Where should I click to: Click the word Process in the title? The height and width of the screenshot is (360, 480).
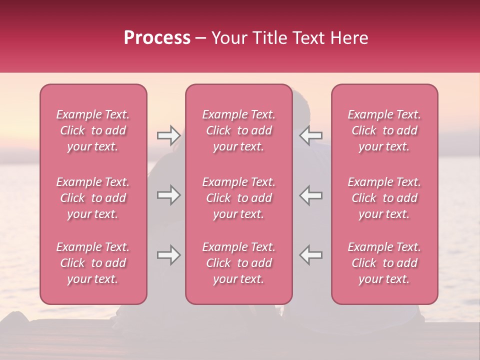157,38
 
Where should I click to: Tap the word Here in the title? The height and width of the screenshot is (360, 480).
350,38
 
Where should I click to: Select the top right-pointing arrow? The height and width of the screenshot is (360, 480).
168,135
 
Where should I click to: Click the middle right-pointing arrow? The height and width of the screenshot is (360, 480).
168,195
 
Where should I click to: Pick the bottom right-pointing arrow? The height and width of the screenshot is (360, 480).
168,255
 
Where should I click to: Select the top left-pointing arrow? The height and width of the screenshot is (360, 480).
311,135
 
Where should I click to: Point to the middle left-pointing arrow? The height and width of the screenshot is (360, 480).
311,195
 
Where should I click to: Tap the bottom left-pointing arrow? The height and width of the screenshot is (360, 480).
311,255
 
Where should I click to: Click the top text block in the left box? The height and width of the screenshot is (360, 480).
93,130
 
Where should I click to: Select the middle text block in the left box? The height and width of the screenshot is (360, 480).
93,198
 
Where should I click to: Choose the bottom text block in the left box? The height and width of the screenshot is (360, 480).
93,263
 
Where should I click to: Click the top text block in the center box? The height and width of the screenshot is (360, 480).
239,130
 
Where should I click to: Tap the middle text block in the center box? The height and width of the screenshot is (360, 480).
239,198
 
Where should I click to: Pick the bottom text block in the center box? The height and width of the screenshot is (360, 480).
239,263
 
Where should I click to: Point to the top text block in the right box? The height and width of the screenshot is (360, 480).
384,130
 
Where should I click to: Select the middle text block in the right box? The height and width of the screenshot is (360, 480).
384,198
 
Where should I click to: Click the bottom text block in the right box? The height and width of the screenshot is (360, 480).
384,263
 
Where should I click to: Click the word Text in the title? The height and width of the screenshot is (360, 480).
310,38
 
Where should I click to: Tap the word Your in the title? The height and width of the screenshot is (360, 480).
229,38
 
